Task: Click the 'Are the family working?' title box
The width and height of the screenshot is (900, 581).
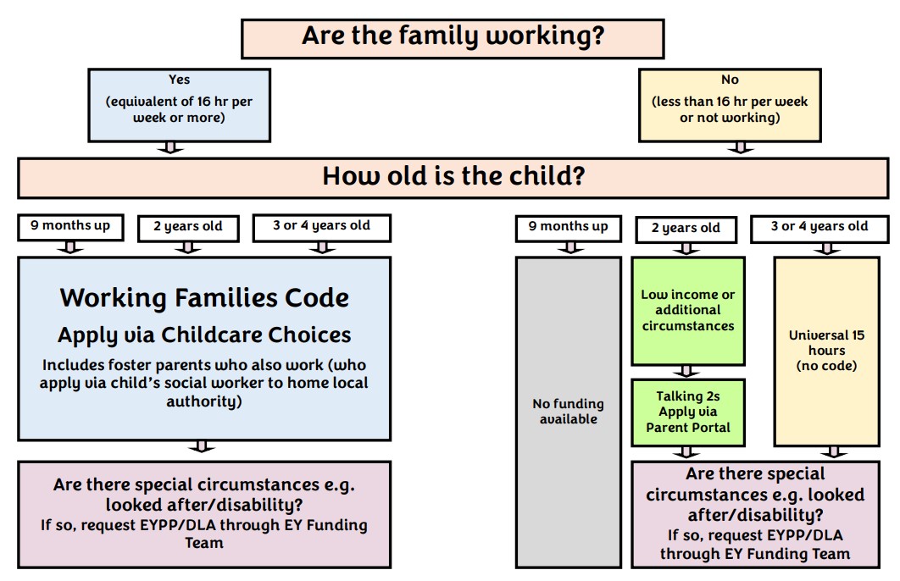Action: point(453,38)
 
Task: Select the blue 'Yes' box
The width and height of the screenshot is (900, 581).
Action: point(179,105)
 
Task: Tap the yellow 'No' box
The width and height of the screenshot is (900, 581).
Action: point(730,105)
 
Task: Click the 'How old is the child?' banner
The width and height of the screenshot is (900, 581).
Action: point(453,178)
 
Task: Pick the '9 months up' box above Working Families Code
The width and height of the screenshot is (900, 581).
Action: point(70,226)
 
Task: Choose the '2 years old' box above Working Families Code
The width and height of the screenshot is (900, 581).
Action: point(188,228)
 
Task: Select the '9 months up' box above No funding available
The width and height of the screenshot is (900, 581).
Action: point(569,229)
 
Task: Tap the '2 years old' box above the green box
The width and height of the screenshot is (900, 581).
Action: point(686,230)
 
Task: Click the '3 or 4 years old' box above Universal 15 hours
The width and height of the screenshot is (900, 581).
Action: point(819,229)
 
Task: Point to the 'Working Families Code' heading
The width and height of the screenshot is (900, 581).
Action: point(204,297)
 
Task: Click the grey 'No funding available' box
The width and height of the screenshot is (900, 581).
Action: point(569,412)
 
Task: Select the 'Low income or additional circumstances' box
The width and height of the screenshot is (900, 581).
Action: point(688,310)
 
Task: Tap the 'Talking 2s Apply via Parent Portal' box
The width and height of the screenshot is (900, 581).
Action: point(688,412)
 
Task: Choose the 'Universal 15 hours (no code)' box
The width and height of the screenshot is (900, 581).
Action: point(826,351)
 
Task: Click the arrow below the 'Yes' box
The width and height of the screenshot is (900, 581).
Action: point(170,147)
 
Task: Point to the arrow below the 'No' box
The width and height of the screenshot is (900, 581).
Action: point(741,147)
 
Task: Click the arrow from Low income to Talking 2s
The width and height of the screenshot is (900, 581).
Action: point(686,371)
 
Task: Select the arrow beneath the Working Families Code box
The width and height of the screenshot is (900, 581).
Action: point(202,446)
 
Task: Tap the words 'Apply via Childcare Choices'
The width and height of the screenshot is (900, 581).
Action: point(204,335)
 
